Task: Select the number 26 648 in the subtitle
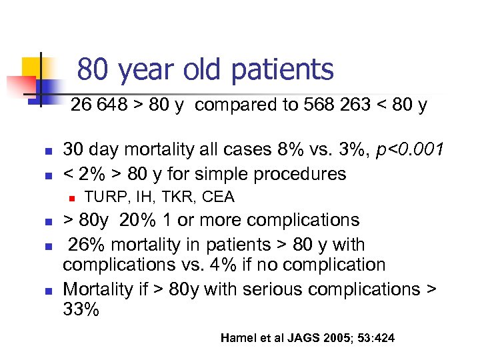pyautogui.click(x=97, y=105)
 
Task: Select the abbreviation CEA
pyautogui.click(x=218, y=197)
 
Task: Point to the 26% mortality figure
pyautogui.click(x=83, y=244)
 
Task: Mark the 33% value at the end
pyautogui.click(x=81, y=309)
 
